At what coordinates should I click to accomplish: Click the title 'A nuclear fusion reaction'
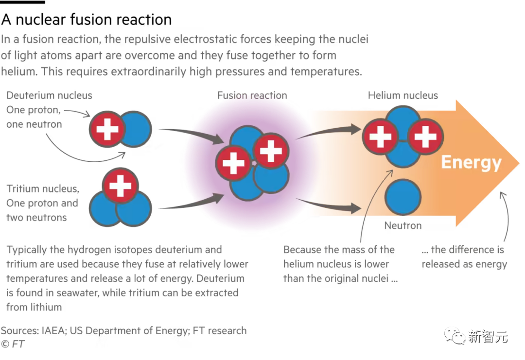87,19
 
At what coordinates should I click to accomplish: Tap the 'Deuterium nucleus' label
49,95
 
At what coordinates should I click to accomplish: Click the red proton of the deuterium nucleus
107,129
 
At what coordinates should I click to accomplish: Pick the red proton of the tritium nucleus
121,186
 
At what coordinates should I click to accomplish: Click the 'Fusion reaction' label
252,95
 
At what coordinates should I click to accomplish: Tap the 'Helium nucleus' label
403,95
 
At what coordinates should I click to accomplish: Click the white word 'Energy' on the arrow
471,163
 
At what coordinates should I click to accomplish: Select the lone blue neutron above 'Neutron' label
403,197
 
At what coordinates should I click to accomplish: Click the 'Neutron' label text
403,225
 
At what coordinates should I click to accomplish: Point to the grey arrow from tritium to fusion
191,202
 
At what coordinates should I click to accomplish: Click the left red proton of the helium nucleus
380,137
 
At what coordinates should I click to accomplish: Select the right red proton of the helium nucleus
425,137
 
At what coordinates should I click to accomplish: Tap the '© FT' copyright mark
13,344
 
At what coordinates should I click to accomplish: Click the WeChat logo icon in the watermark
455,336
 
